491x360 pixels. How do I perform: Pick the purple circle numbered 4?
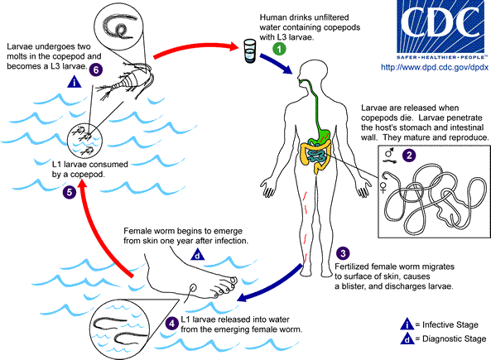171,322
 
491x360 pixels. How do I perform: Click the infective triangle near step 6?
75,81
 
